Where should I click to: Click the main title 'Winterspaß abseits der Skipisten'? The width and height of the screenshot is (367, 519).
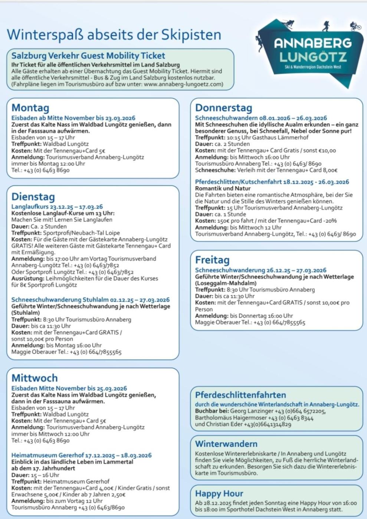114,35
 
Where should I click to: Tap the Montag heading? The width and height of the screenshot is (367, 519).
30,108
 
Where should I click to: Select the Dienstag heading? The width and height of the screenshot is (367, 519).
33,196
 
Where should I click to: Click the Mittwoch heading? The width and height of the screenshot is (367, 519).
35,378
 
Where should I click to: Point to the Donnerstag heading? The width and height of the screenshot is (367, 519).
223,108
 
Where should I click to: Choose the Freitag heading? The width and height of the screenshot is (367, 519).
212,260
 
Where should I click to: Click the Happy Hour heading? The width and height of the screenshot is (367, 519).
219,493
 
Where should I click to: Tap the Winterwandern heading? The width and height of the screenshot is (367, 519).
226,444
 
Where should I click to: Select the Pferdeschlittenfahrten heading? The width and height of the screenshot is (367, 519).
240,395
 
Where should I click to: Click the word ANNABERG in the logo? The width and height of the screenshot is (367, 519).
312,43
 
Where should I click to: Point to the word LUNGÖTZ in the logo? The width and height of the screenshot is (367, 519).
313,57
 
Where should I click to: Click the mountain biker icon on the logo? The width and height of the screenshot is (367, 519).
355,26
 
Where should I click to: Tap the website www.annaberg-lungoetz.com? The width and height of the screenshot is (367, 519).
183,84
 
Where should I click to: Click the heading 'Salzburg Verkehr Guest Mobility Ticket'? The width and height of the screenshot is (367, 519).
88,56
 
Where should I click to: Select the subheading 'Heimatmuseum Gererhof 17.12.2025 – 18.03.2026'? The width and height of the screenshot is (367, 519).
81,455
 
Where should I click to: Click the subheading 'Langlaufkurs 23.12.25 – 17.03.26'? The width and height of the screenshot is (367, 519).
57,206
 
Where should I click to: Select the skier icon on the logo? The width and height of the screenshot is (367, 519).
288,24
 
